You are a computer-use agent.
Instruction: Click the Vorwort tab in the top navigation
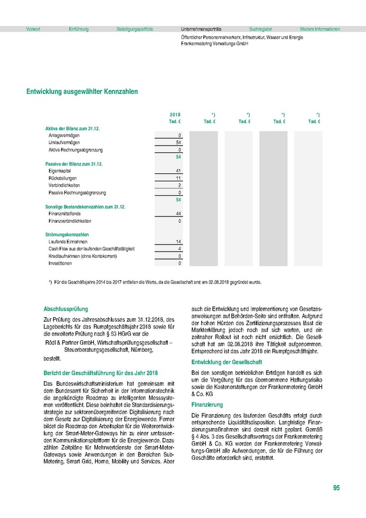click(x=33, y=28)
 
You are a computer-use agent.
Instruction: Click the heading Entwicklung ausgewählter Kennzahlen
click(x=82, y=91)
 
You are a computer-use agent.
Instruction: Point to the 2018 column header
click(x=176, y=115)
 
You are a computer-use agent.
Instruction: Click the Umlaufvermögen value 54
click(x=178, y=142)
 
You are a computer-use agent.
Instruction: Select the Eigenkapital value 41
click(x=179, y=172)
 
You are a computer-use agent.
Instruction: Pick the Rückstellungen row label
click(x=64, y=178)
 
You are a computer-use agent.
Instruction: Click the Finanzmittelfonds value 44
click(x=178, y=214)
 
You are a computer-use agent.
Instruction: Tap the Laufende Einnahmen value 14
click(x=178, y=242)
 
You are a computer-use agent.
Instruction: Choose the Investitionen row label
click(x=60, y=263)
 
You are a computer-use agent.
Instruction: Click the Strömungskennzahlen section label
click(x=67, y=235)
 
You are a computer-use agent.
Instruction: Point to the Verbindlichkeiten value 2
click(x=180, y=185)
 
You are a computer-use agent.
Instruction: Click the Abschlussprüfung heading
click(x=66, y=308)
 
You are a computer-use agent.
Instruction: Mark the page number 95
click(x=336, y=488)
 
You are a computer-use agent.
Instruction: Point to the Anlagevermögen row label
click(x=64, y=135)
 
